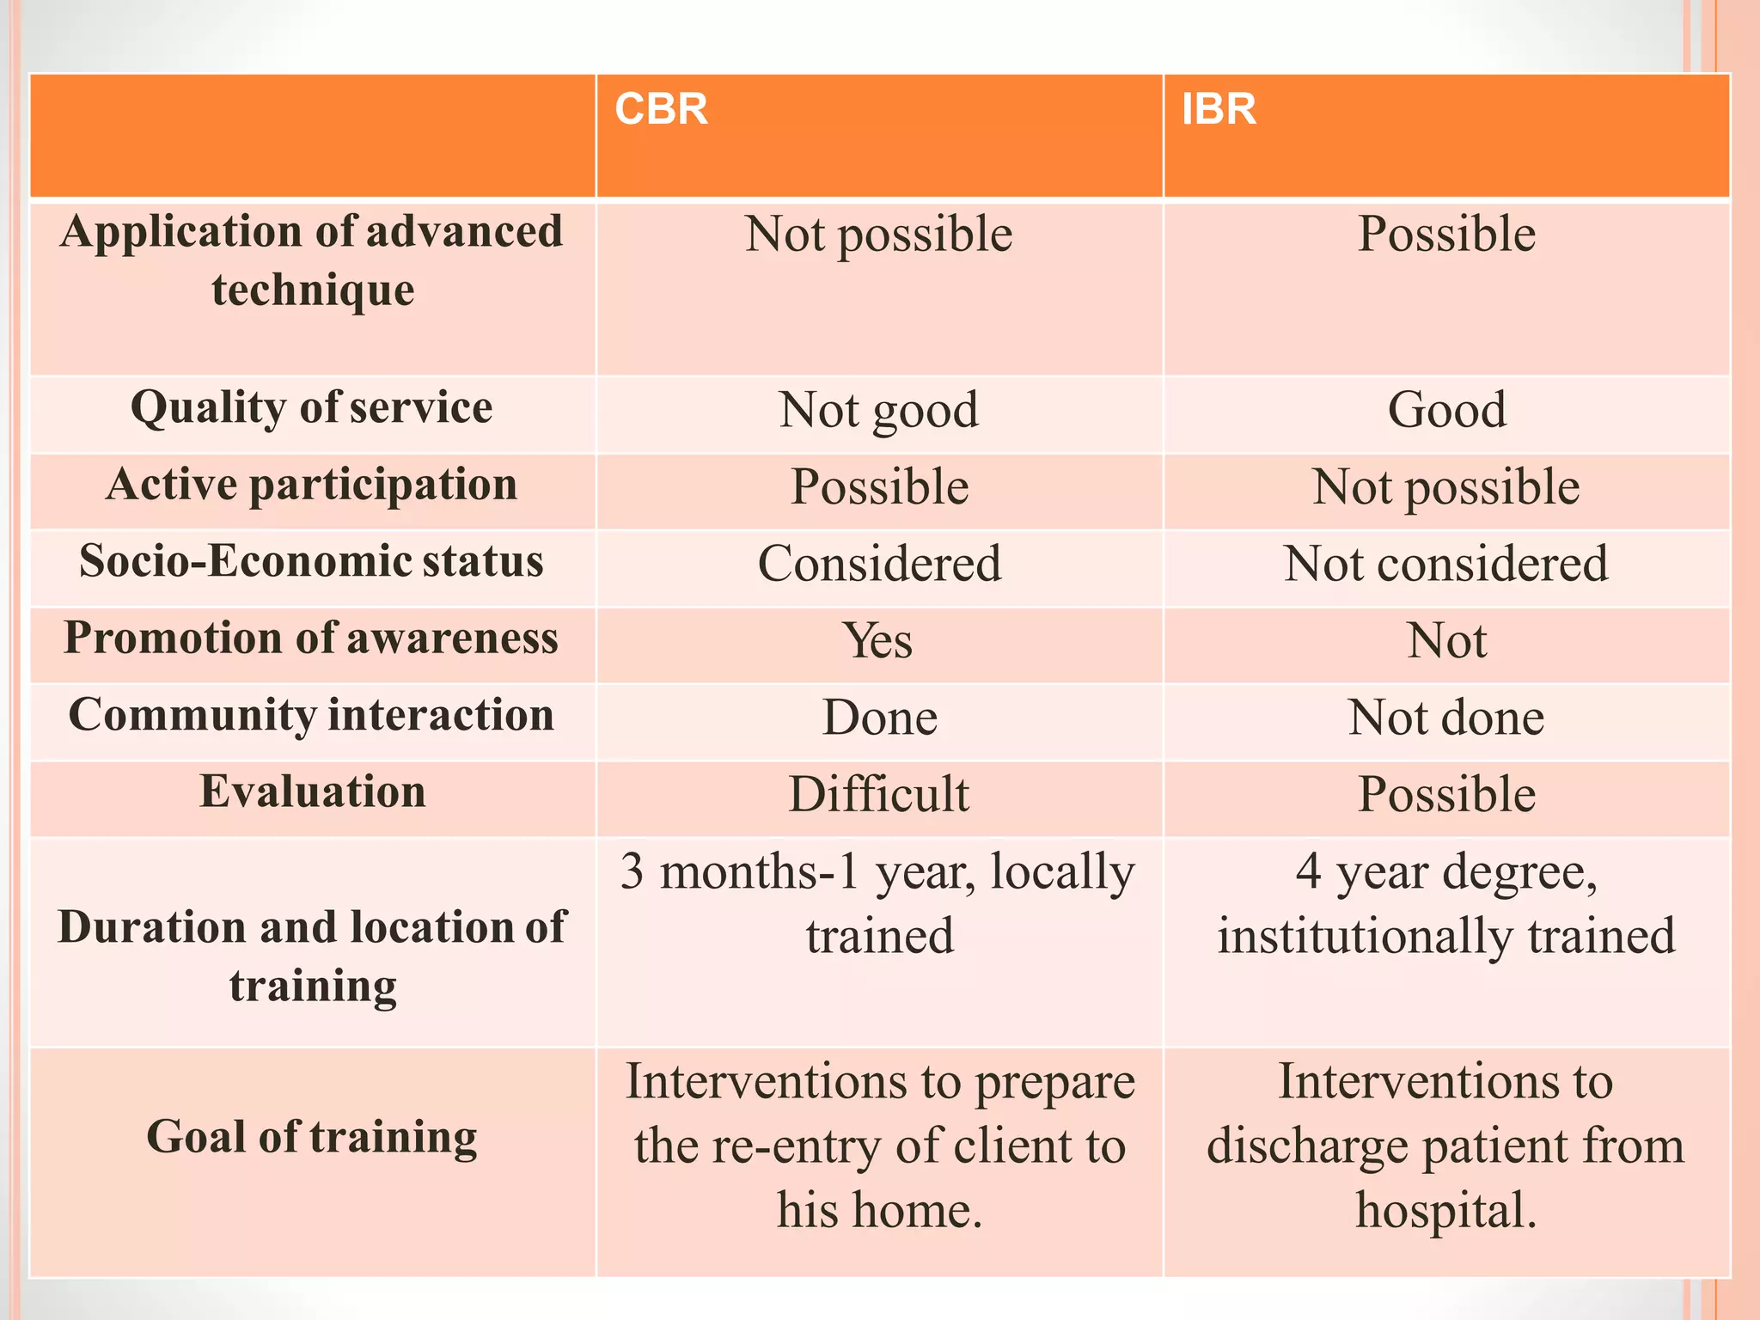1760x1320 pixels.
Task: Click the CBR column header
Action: [x=661, y=110]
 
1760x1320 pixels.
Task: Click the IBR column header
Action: [x=1219, y=110]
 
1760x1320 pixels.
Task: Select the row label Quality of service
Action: [x=312, y=407]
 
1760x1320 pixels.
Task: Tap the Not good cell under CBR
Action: [x=878, y=410]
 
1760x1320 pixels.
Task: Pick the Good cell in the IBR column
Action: [x=1446, y=410]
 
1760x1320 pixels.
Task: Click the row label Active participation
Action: [x=312, y=485]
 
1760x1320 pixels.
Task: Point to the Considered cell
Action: [x=879, y=564]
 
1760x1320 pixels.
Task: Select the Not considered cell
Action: [x=1445, y=564]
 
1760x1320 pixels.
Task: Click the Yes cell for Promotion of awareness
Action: [x=878, y=641]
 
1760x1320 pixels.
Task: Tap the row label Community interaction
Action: [x=312, y=716]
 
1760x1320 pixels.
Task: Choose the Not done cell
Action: [x=1445, y=718]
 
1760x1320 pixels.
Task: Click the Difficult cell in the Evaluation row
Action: [x=878, y=794]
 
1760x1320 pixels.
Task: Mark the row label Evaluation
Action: [x=313, y=791]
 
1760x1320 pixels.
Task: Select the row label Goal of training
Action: [x=312, y=1137]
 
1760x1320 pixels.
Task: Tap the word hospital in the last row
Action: [x=1445, y=1210]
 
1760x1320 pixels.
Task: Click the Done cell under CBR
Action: [x=879, y=718]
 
